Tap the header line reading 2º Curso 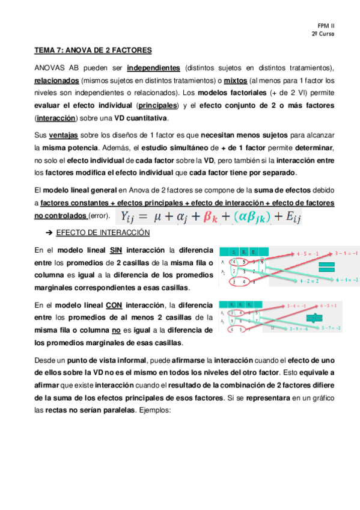[323, 35]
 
